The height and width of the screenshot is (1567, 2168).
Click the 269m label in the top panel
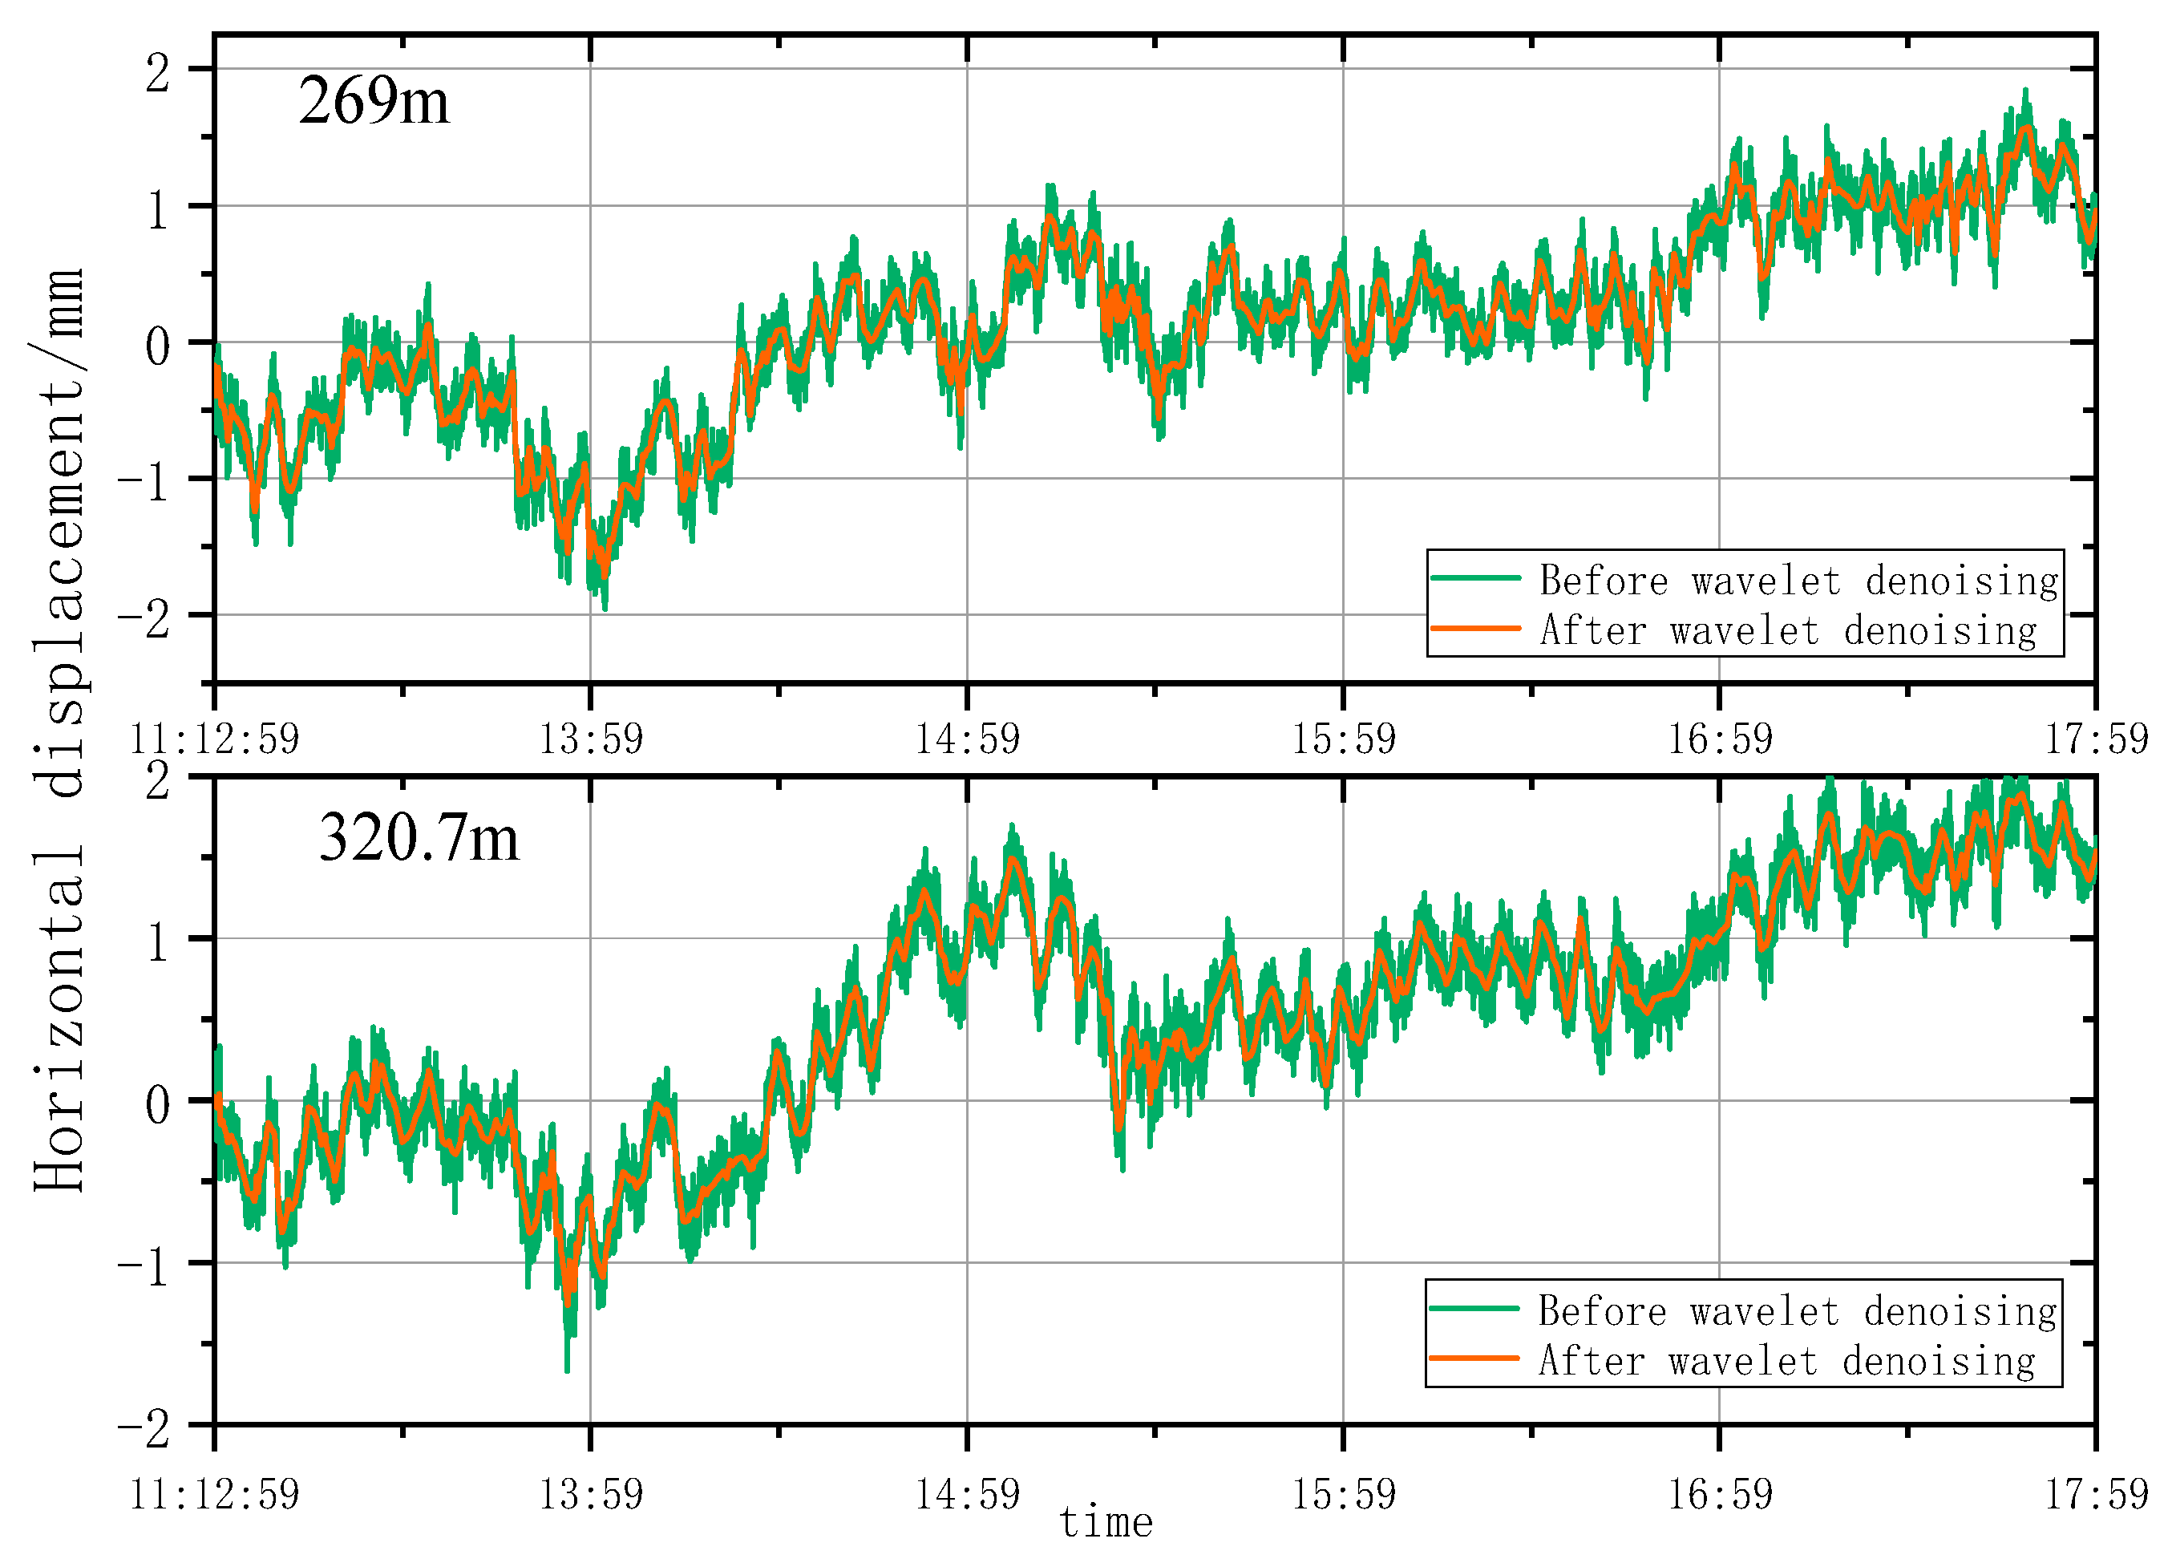(x=373, y=100)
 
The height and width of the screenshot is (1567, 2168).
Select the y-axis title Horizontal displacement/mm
(x=59, y=730)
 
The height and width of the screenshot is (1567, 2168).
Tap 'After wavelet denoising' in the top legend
(x=1787, y=630)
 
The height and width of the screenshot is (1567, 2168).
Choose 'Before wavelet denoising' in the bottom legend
(x=1797, y=1310)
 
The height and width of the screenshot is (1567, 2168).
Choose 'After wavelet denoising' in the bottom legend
(x=1786, y=1359)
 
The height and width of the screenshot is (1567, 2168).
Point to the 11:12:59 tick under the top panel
(x=214, y=739)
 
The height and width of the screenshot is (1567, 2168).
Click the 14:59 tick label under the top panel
(x=968, y=739)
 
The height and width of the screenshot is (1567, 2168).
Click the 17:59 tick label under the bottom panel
(x=2095, y=1493)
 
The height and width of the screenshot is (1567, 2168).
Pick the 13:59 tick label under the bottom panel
(x=591, y=1493)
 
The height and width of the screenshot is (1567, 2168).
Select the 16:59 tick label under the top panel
(x=1720, y=739)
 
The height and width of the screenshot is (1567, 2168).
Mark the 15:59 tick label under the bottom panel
(x=1343, y=1493)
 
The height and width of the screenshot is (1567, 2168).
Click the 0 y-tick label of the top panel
(x=158, y=345)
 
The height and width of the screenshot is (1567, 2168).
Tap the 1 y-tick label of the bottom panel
(x=158, y=941)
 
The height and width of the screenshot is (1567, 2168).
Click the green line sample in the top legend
(x=1475, y=577)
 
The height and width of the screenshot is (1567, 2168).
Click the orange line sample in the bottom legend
(x=1474, y=1358)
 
